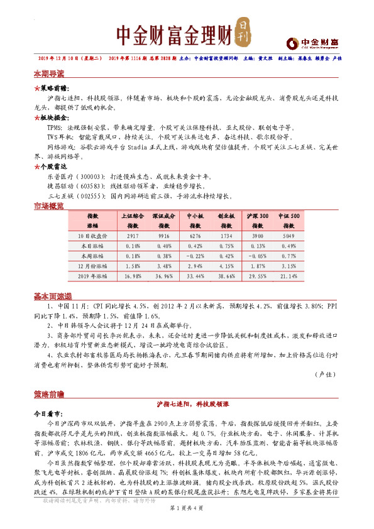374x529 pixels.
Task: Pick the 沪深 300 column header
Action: point(258,216)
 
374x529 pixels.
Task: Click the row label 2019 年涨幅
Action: point(92,275)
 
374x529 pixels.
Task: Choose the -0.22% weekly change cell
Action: point(195,255)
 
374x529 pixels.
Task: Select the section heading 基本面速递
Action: point(52,296)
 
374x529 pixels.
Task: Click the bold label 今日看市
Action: point(48,415)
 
